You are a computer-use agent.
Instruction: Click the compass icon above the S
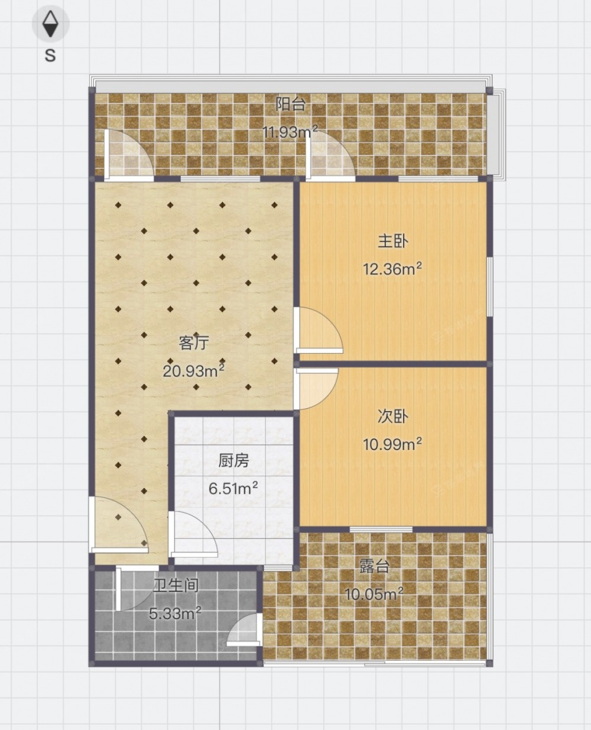[x=50, y=24]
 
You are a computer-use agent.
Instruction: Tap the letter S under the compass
[x=50, y=55]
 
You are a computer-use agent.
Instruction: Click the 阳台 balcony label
[x=291, y=104]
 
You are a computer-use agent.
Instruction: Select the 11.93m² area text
[x=290, y=132]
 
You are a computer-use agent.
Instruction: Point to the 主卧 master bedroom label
[x=393, y=241]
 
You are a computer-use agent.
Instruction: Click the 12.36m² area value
[x=392, y=269]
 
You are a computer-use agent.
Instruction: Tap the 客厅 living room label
[x=194, y=343]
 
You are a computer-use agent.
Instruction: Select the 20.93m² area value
[x=194, y=370]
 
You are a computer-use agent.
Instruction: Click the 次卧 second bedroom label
[x=393, y=416]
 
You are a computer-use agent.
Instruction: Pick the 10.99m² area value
[x=392, y=445]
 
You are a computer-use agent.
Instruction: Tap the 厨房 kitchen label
[x=233, y=461]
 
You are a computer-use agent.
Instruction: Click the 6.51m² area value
[x=233, y=488]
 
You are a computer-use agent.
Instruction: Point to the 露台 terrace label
[x=375, y=566]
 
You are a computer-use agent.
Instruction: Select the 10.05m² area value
[x=374, y=594]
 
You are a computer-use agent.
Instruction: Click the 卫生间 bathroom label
[x=176, y=585]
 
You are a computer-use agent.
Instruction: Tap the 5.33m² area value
[x=175, y=613]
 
